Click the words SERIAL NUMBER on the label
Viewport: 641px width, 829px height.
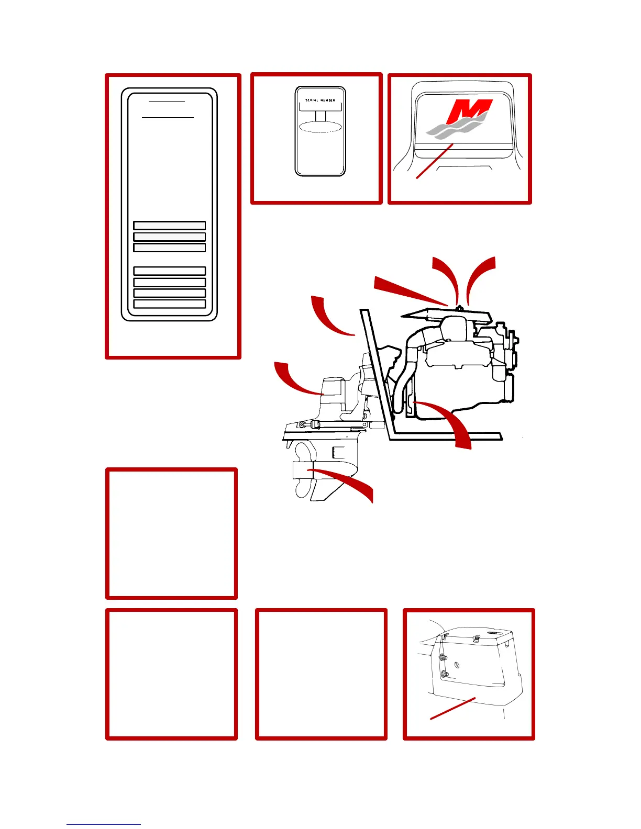[320, 100]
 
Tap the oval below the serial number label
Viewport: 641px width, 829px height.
[320, 127]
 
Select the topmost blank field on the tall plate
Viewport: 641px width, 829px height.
[169, 226]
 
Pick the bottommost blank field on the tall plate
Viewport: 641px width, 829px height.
[169, 304]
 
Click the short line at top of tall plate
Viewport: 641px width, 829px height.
[167, 100]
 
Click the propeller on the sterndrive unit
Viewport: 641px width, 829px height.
[302, 471]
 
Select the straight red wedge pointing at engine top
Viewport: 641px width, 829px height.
[408, 291]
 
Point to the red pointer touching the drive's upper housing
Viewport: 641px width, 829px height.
[296, 379]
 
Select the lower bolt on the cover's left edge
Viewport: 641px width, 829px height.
[444, 674]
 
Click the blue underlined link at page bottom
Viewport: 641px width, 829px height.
[103, 824]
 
